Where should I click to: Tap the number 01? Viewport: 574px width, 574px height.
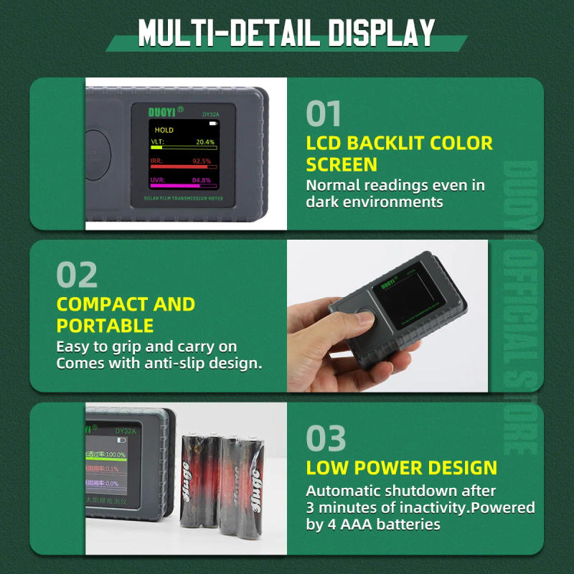[x=324, y=113]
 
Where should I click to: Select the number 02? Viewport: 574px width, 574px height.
[x=77, y=275]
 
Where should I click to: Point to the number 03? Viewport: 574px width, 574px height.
[x=326, y=438]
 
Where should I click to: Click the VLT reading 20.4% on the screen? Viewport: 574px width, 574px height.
[x=205, y=143]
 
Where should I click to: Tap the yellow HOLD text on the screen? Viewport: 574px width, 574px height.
[x=164, y=131]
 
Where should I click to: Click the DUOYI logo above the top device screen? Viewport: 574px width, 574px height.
[x=166, y=112]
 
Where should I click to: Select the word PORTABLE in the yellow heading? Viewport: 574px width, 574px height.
[x=105, y=325]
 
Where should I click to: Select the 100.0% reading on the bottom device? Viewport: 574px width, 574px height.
[x=113, y=455]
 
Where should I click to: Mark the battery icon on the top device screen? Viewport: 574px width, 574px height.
[x=213, y=124]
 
